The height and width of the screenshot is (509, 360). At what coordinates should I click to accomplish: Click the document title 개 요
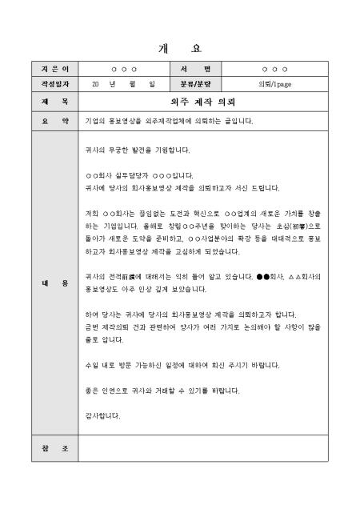click(180, 47)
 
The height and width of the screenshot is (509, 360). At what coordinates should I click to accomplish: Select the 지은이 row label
click(55, 70)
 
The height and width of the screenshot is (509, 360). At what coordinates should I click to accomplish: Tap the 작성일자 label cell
click(55, 82)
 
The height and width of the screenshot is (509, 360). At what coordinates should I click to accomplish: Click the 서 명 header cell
click(194, 70)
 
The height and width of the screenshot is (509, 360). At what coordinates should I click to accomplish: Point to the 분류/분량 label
click(194, 82)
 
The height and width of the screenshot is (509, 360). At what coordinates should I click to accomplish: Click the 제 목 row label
click(55, 102)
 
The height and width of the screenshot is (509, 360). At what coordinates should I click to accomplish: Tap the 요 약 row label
click(55, 121)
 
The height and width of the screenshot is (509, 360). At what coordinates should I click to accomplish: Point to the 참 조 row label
click(55, 448)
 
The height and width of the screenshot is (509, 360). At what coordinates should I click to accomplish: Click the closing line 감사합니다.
click(102, 415)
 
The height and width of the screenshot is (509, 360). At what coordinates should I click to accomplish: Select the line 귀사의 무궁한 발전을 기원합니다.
click(126, 150)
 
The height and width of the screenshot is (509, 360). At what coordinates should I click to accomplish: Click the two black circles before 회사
click(263, 276)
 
